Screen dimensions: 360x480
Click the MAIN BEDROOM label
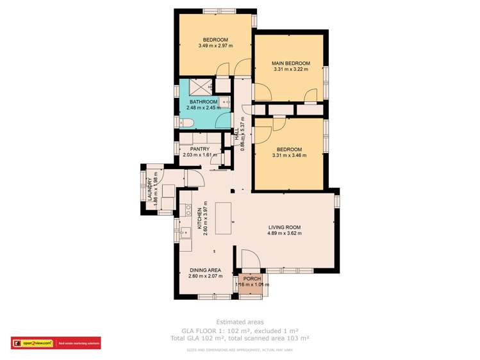[291, 63]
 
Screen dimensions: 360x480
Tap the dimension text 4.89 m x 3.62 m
[284, 234]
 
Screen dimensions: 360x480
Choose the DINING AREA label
[205, 270]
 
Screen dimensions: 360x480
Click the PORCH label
[251, 278]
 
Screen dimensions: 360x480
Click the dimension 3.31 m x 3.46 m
[287, 156]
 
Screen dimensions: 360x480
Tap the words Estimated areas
[239, 322]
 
